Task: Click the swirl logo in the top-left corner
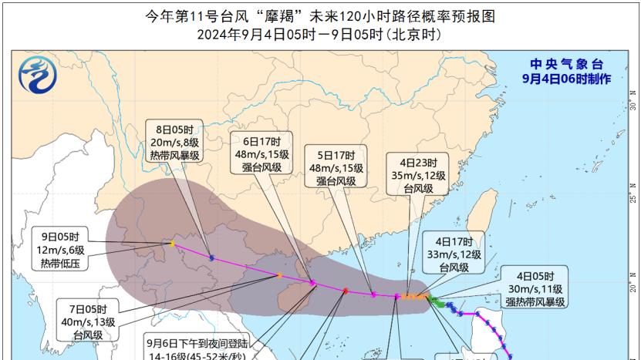pyautogui.click(x=33, y=79)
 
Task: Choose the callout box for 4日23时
pyautogui.click(x=417, y=175)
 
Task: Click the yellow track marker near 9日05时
pyautogui.click(x=172, y=244)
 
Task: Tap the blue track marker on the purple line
pyautogui.click(x=211, y=257)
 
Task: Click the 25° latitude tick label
pyautogui.click(x=630, y=190)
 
